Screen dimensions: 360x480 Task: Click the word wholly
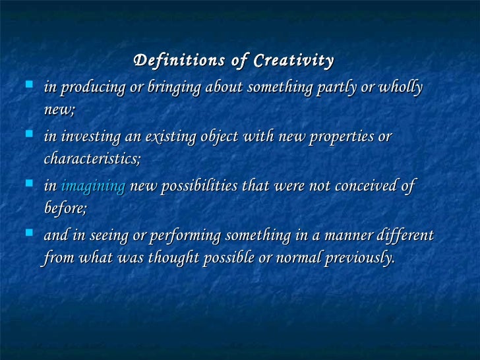tap(400, 88)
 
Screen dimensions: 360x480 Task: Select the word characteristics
tap(92, 159)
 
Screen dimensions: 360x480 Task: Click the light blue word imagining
tap(93, 187)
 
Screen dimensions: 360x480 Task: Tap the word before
tap(64, 208)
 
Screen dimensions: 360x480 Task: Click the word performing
tap(188, 236)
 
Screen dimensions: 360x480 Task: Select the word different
tap(403, 236)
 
